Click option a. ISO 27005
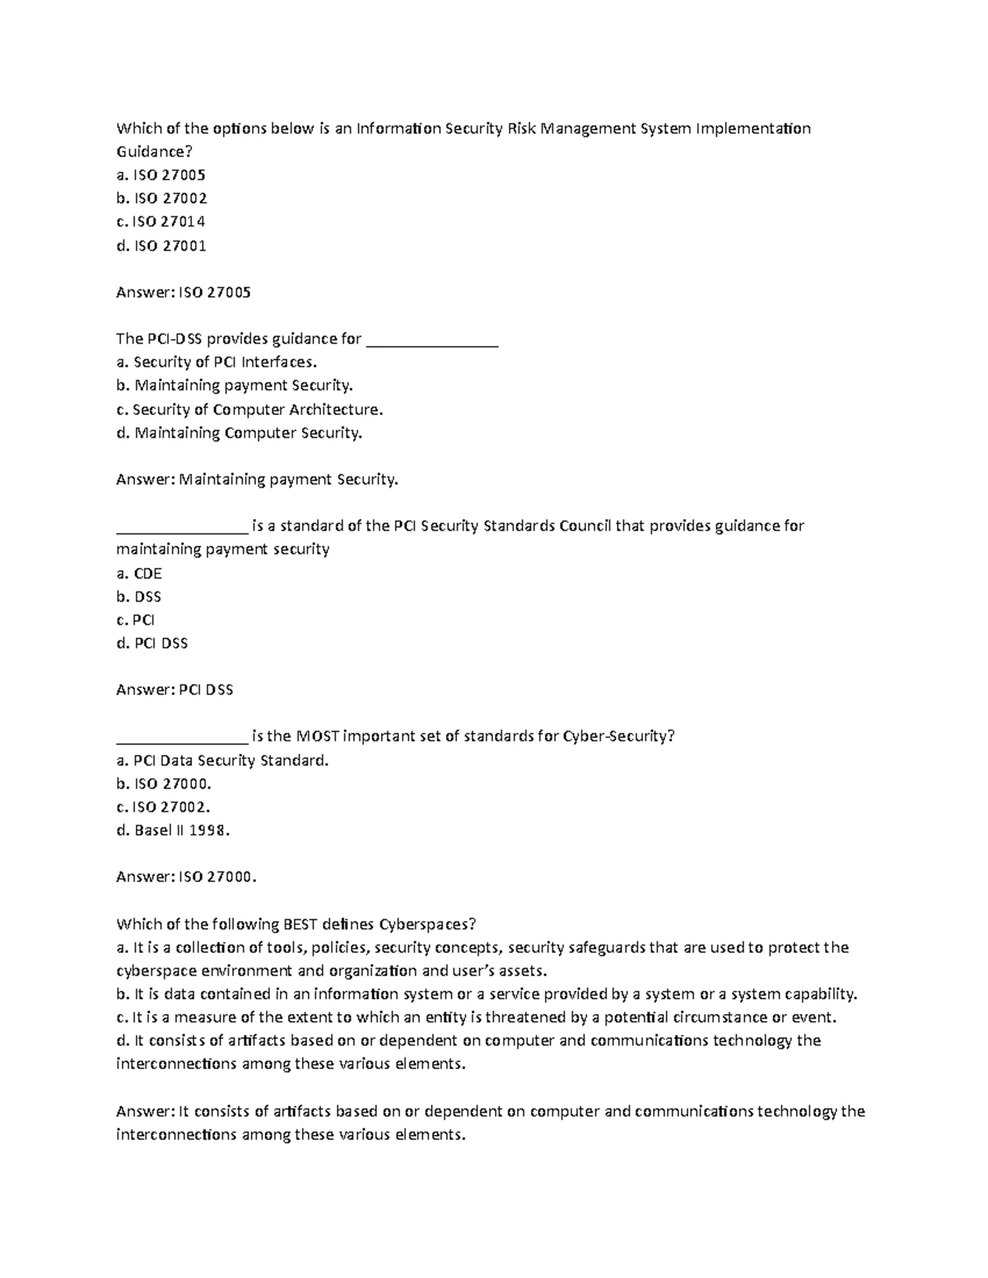pos(161,174)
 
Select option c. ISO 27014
pos(161,221)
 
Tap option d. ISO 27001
pos(161,245)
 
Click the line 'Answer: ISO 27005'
pos(184,292)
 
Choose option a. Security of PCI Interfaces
pos(217,362)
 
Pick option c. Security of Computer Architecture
pos(249,409)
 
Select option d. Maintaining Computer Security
pos(239,433)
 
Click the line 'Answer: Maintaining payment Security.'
pos(257,479)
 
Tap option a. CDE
pos(139,573)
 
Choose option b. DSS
pos(139,597)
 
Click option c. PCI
pos(136,620)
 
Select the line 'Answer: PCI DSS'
pos(175,690)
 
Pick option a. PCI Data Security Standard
pos(222,760)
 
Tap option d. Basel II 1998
pos(173,830)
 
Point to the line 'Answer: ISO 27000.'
pos(187,877)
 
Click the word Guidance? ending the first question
pos(151,151)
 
